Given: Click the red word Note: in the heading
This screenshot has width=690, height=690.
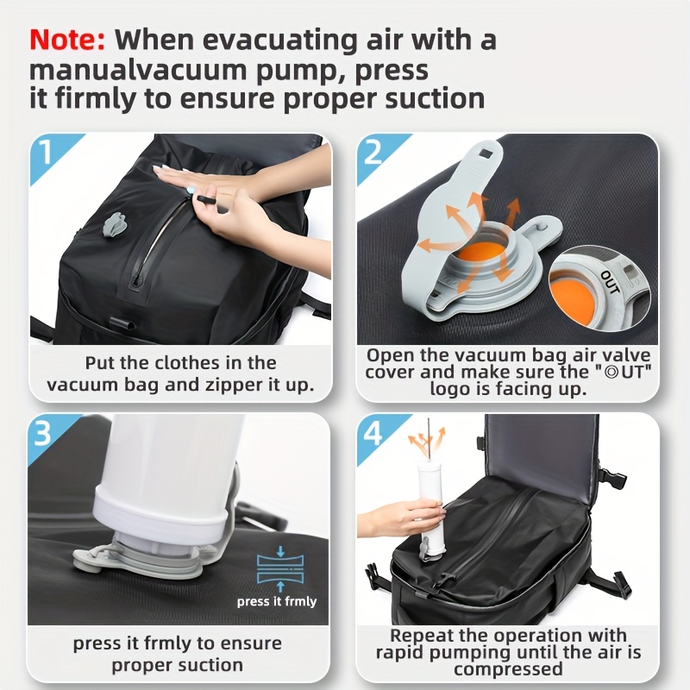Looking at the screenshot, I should tap(67, 40).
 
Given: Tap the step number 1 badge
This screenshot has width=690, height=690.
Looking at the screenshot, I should tap(46, 154).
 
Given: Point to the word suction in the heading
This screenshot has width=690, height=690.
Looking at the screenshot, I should tap(425, 97).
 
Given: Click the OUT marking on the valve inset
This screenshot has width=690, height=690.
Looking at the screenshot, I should tap(609, 282).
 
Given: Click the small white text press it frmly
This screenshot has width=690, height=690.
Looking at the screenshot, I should tap(277, 601).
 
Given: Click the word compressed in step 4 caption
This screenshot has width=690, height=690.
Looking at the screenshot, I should tap(508, 669).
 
